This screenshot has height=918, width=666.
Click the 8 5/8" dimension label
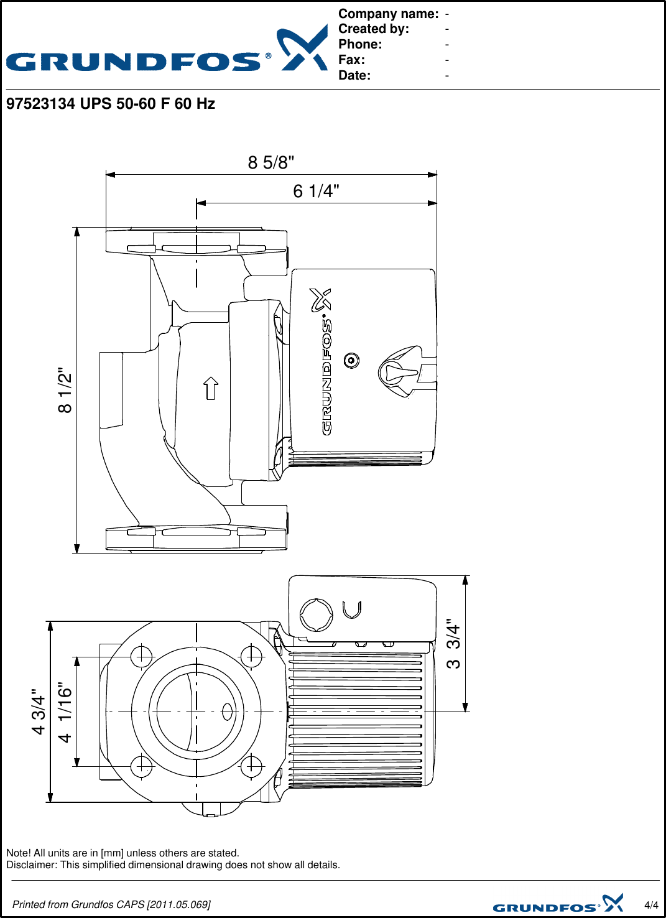[x=271, y=162]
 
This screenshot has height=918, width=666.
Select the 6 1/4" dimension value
[x=316, y=191]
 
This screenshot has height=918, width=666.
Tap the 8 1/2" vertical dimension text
[x=65, y=390]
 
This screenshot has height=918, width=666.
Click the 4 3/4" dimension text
[x=39, y=711]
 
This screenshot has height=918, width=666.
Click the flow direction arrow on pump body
[x=211, y=388]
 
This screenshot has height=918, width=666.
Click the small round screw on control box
[x=351, y=360]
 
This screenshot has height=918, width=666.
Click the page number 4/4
[x=651, y=905]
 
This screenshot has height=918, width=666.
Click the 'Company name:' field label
[x=388, y=14]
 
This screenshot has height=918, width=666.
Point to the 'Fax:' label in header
[x=351, y=60]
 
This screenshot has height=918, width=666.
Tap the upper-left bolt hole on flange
[x=142, y=656]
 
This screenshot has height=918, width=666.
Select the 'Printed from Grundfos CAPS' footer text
[x=111, y=904]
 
